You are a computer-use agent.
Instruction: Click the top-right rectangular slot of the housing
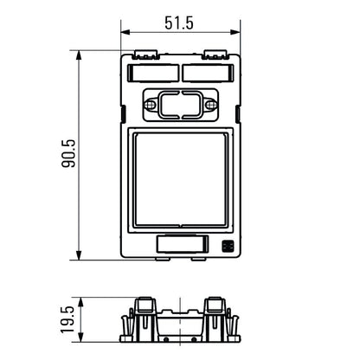click(210, 73)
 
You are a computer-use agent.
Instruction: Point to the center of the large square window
click(181, 180)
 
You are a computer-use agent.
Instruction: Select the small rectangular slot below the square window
click(181, 245)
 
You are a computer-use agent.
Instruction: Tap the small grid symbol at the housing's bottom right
click(228, 245)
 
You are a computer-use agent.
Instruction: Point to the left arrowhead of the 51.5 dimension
click(123, 34)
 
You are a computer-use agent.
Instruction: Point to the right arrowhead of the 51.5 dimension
click(239, 34)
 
